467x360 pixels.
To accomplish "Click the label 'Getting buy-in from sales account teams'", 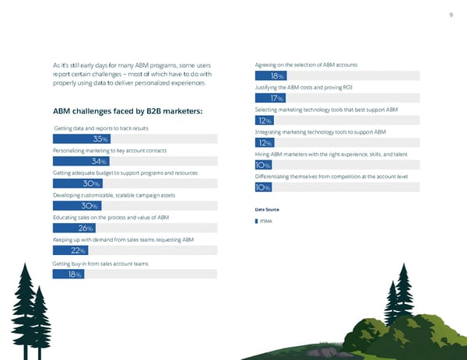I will click(100, 264).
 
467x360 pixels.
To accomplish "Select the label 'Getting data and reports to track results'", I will click(101, 128).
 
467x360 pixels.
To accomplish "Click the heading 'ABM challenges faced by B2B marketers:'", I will click(127, 111).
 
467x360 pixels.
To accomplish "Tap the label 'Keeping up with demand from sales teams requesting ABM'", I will click(122, 240).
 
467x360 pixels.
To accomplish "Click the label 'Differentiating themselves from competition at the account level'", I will click(331, 177).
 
